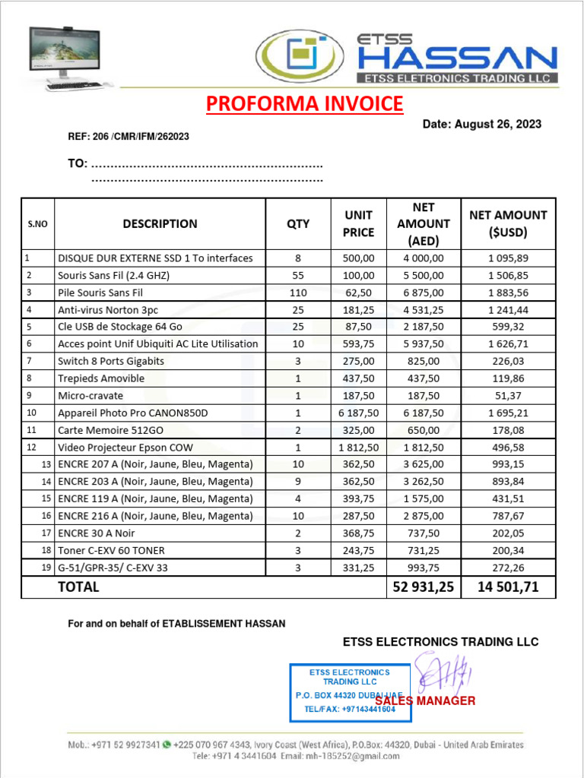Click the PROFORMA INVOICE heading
[x=305, y=104]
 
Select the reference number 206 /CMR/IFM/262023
[x=129, y=137]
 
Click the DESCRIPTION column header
[x=160, y=223]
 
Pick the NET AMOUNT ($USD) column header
[x=508, y=223]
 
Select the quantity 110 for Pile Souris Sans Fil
[x=298, y=293]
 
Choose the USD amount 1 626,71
[x=508, y=343]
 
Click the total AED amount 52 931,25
[x=424, y=587]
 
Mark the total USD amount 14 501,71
[x=508, y=587]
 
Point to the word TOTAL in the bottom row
[x=78, y=587]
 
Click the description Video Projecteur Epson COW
[x=125, y=447]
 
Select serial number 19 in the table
[x=46, y=568]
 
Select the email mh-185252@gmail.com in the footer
[x=328, y=757]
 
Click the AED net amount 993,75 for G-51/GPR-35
[x=424, y=568]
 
